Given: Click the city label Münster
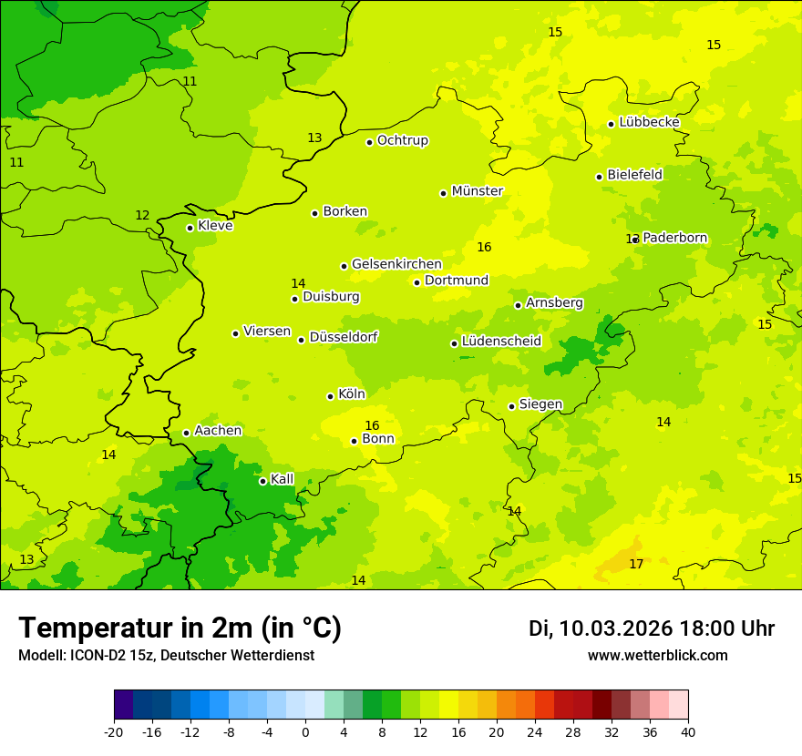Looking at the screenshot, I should point(477,191).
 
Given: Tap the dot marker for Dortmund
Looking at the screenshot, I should point(416,282).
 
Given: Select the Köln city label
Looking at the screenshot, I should point(351,394).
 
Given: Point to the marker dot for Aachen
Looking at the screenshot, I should point(186,434).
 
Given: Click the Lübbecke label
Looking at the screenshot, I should point(649,122).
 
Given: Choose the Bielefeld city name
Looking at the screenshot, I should point(634,174).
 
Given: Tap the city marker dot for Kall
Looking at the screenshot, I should point(262,481).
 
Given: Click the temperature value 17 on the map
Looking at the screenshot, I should point(636,565).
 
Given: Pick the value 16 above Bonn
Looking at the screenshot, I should point(372,425).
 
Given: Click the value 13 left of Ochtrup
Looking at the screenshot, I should point(314,138).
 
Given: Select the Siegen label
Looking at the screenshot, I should point(540,404).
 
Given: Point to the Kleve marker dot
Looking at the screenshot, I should point(190,228).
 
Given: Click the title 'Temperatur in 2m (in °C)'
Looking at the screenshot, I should point(180,628).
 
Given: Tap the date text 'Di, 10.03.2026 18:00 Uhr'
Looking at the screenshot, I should point(652,628).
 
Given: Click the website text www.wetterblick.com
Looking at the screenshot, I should point(657,656).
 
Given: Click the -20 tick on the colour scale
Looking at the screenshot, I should point(114,732).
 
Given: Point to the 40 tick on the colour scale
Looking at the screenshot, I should point(687,732).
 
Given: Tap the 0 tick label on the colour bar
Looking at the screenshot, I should point(305,732).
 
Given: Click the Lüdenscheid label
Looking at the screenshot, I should point(501,342).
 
